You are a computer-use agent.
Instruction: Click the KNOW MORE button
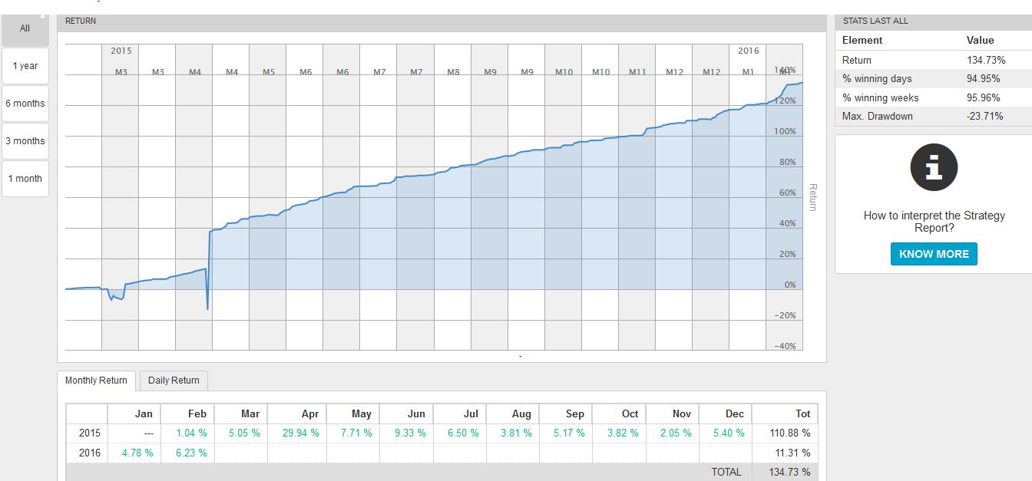934,254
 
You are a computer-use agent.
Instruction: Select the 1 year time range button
25,66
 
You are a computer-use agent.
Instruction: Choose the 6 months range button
25,104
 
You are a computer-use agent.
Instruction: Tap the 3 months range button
25,141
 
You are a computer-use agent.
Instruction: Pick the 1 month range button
25,179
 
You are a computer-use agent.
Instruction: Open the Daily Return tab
174,381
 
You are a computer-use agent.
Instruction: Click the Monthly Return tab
96,381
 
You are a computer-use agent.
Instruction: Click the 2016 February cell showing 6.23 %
191,453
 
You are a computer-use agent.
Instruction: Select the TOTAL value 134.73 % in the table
789,473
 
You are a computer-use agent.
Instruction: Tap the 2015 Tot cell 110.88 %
789,433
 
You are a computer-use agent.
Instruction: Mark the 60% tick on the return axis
787,193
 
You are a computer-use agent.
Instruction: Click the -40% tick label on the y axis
785,347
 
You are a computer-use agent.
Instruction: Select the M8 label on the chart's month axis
453,72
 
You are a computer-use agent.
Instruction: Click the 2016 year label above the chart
748,51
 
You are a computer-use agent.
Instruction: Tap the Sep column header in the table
574,413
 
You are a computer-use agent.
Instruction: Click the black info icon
934,168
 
